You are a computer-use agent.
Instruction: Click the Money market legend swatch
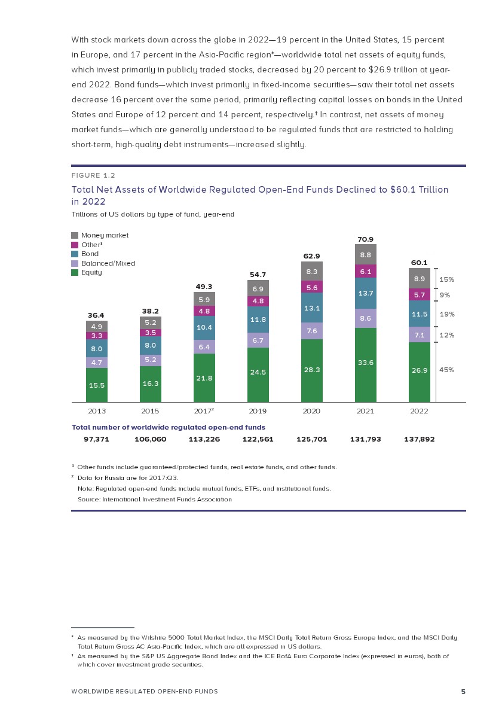tap(75, 235)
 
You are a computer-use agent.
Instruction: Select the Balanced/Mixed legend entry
tap(103, 263)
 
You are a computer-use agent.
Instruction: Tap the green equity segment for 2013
tap(97, 385)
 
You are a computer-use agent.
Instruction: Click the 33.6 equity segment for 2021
tap(366, 365)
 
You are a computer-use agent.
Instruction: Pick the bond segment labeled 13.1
tap(312, 308)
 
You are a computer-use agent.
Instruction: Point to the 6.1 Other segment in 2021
tap(366, 271)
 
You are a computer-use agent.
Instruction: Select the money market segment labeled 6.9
tap(258, 288)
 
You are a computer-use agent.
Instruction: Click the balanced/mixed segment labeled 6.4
tap(204, 346)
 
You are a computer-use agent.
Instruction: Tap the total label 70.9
tap(366, 239)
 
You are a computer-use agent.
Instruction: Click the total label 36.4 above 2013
tap(96, 315)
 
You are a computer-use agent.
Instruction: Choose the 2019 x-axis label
tap(258, 411)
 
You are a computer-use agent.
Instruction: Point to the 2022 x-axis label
tap(419, 411)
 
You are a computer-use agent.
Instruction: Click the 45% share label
tap(446, 370)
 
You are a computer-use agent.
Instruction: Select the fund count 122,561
tap(258, 439)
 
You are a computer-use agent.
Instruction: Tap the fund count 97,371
tap(96, 439)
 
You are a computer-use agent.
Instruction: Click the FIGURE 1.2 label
tap(93, 175)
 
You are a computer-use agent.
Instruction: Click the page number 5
tap(463, 692)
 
